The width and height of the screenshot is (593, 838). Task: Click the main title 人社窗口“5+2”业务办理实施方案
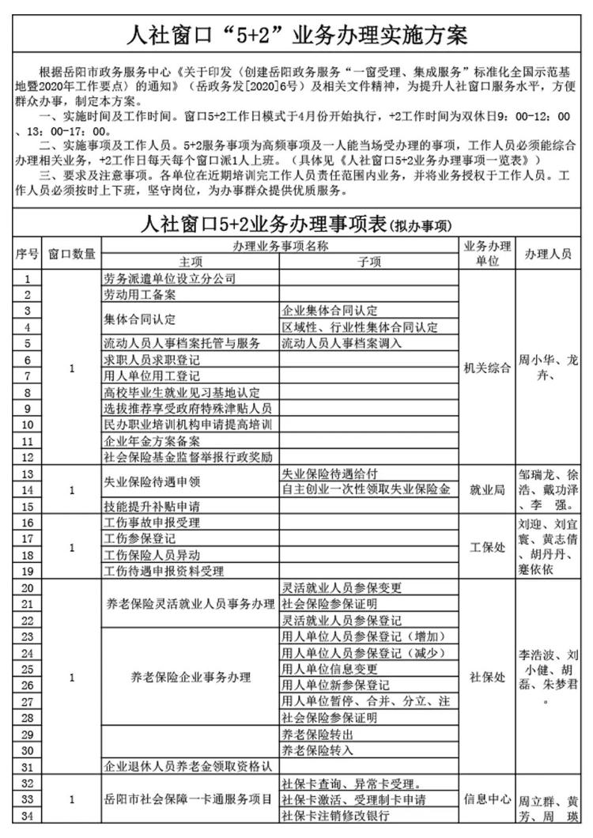point(296,36)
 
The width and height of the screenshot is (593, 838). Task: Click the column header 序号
point(28,254)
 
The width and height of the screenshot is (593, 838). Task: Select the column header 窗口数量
point(72,254)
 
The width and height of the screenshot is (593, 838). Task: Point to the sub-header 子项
point(369,262)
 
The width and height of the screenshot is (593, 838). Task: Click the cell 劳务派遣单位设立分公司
point(170,278)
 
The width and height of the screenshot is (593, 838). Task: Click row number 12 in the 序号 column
point(28,458)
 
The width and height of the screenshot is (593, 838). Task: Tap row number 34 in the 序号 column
point(28,817)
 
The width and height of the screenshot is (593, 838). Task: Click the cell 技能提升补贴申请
point(152,507)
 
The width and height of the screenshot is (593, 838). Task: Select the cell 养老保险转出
point(319,734)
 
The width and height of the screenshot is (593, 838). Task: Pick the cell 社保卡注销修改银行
point(336,817)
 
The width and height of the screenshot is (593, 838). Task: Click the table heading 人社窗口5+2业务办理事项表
point(265,223)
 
